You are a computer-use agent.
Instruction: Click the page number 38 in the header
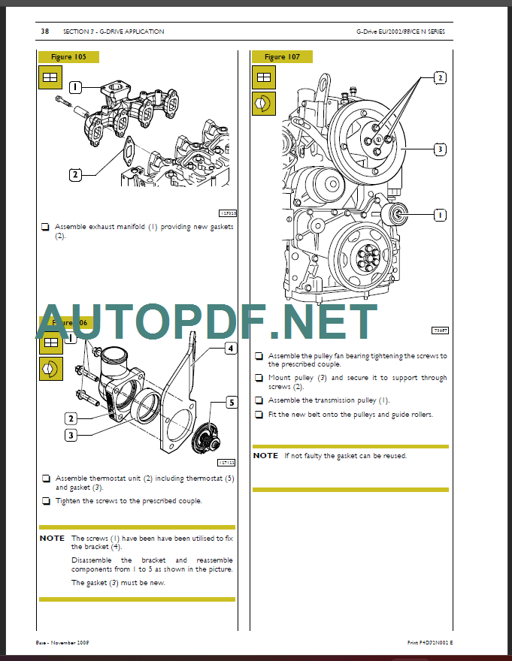click(44, 32)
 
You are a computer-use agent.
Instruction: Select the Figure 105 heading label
click(68, 56)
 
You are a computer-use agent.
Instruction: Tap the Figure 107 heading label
click(282, 56)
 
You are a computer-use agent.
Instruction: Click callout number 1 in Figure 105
click(74, 86)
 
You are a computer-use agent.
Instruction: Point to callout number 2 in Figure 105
click(74, 175)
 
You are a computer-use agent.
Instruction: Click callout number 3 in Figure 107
click(440, 149)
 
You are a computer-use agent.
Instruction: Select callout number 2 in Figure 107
click(440, 77)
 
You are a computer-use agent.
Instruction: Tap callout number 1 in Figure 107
click(440, 215)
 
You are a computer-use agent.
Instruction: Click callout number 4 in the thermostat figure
click(231, 348)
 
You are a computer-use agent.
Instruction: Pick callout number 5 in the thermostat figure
click(232, 403)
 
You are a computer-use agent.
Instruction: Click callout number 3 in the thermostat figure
click(71, 435)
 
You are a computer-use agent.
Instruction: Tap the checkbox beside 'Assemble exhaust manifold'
click(45, 226)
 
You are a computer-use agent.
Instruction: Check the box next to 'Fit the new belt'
click(258, 415)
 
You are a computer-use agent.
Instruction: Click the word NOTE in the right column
click(265, 456)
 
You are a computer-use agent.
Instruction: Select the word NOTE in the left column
click(52, 539)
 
